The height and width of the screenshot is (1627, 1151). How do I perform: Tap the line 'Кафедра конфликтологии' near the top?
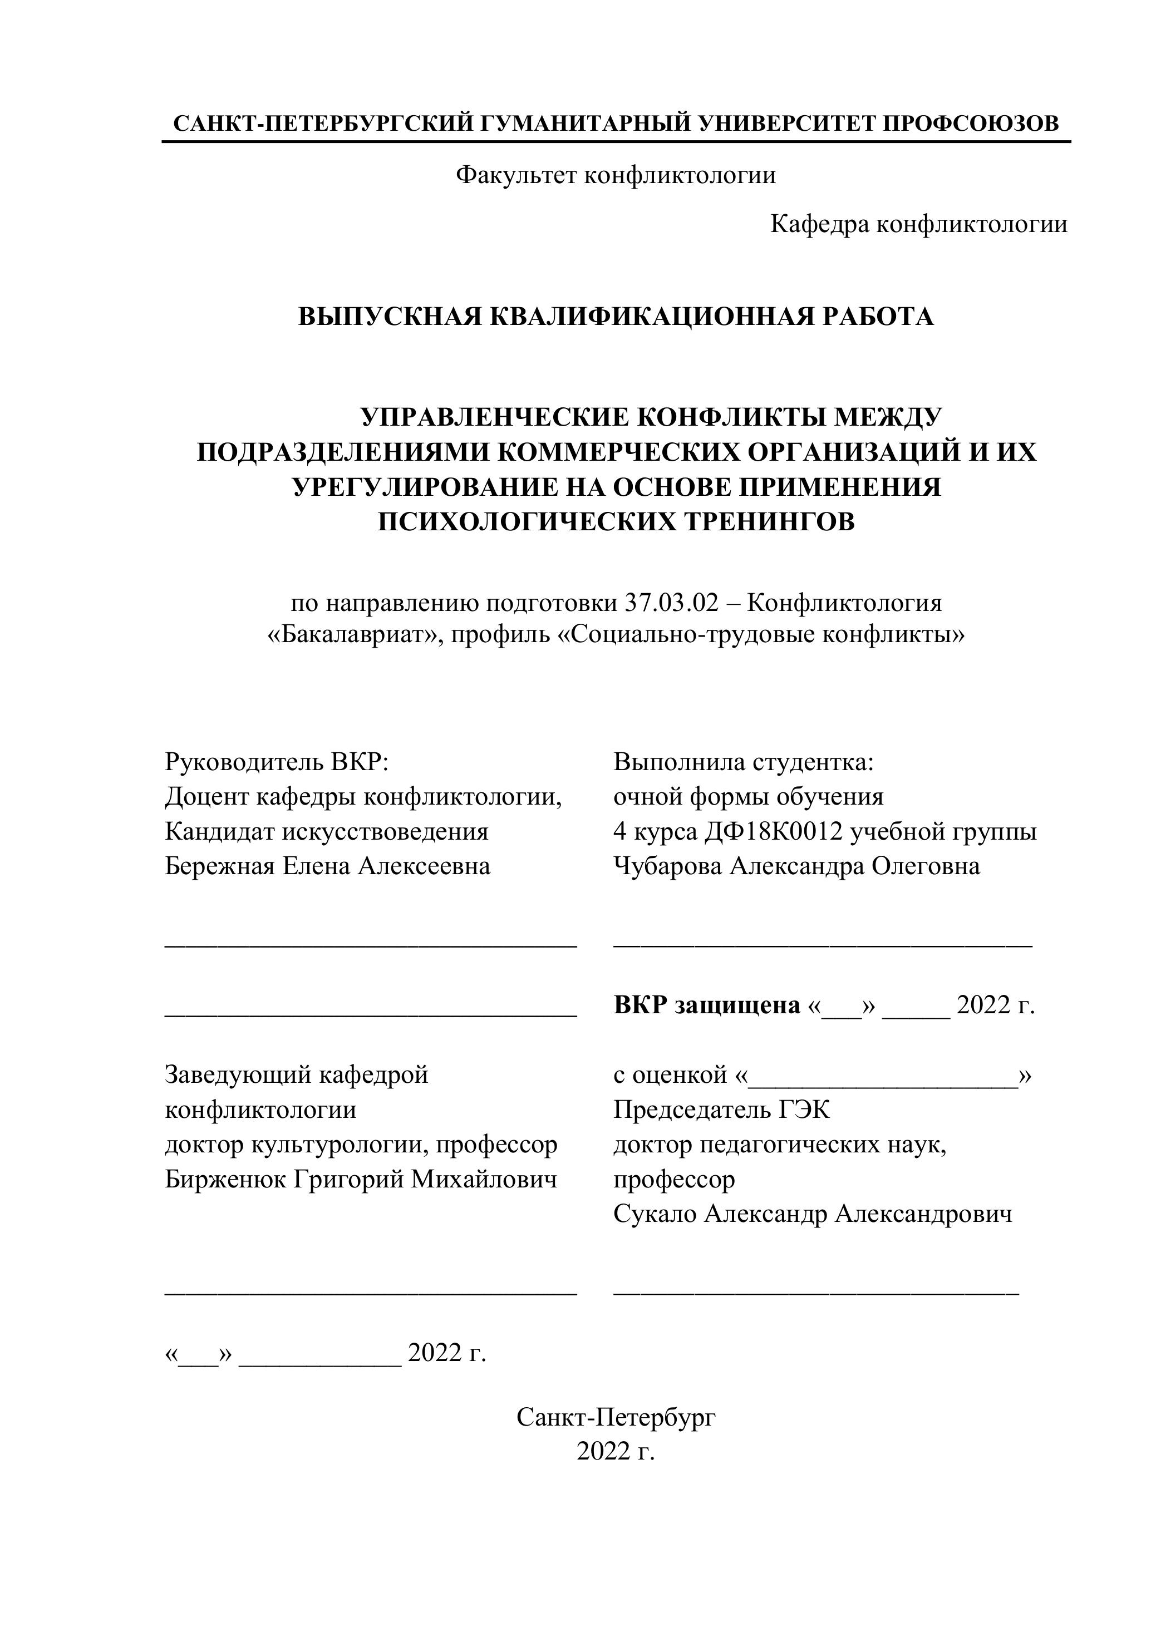[918, 225]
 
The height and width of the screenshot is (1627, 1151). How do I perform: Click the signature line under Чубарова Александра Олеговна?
[822, 945]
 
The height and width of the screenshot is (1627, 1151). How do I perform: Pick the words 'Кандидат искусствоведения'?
[327, 831]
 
